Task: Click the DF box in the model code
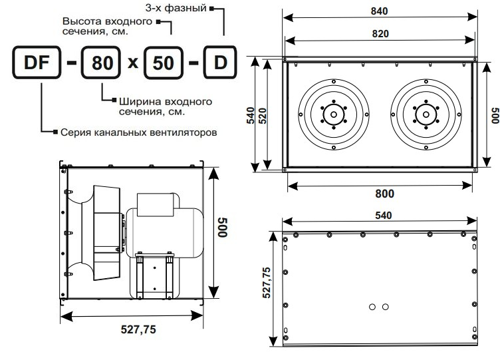coord(37,63)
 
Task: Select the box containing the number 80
coord(101,63)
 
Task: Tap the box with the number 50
coord(164,63)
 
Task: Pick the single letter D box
coord(220,63)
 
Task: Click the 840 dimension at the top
coord(379,11)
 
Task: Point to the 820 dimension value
coord(380,33)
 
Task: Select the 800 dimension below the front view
coord(384,194)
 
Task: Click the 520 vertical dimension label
coord(263,116)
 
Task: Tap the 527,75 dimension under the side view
coord(138,329)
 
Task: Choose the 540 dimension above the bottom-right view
coord(383,216)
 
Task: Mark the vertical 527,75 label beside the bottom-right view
coord(267,282)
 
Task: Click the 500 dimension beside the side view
coord(222,228)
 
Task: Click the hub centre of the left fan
coord(334,114)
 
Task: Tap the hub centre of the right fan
coord(426,114)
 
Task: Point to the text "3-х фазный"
coord(176,8)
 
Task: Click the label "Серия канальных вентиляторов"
coord(139,132)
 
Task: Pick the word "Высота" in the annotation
coord(82,21)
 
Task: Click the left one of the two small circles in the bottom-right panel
coord(372,307)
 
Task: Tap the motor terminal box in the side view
coord(156,204)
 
